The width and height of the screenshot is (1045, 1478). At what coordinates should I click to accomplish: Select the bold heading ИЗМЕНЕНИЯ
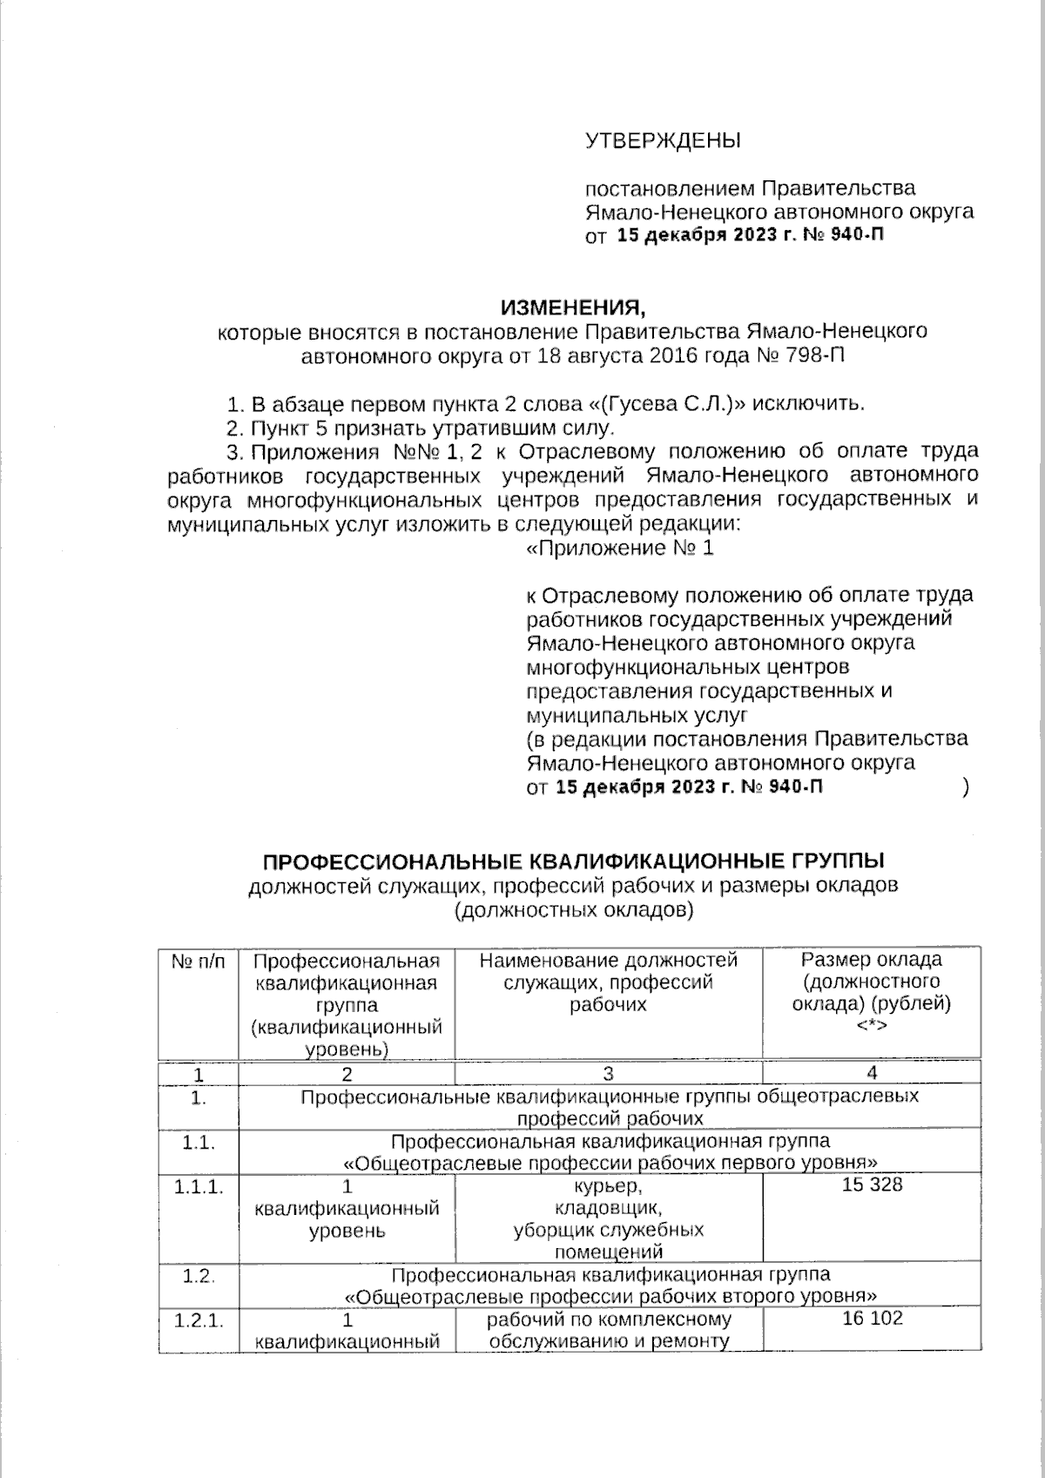[575, 307]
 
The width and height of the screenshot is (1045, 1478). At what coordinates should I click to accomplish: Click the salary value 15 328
[872, 1185]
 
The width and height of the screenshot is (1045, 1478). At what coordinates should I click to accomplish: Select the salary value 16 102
[872, 1319]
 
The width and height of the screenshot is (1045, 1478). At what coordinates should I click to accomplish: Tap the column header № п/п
[198, 961]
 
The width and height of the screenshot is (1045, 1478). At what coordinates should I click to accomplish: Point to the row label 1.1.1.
[198, 1186]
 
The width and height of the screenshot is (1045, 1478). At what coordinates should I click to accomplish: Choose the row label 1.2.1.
[198, 1319]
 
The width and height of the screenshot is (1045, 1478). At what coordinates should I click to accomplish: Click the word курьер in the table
[608, 1186]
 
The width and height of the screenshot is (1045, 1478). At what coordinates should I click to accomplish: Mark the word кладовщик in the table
[608, 1209]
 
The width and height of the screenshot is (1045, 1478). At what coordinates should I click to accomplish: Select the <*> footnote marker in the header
[872, 1026]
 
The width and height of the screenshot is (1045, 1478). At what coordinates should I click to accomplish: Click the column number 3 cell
[608, 1072]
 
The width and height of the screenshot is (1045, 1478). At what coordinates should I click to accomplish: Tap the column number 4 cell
[872, 1072]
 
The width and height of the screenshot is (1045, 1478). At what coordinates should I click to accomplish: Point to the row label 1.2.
[198, 1276]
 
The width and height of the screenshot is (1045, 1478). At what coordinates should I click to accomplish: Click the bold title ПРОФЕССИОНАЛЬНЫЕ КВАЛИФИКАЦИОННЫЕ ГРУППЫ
[574, 861]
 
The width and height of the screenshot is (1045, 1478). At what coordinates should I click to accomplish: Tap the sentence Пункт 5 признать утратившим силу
[431, 428]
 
